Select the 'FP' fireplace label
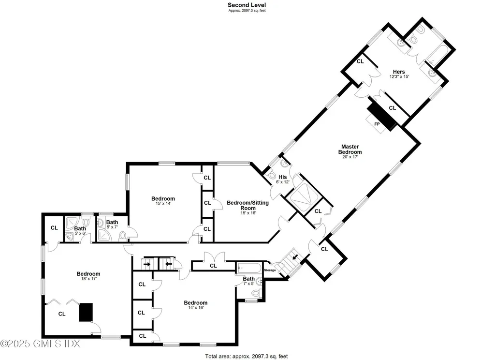pyautogui.click(x=377, y=124)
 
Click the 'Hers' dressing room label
pyautogui.click(x=399, y=72)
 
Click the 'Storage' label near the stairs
pyautogui.click(x=270, y=270)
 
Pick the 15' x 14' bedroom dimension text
pyautogui.click(x=163, y=204)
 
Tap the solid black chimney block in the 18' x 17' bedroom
pyautogui.click(x=86, y=312)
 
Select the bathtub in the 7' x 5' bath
pyautogui.click(x=248, y=268)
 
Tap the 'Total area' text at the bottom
pyautogui.click(x=247, y=356)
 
